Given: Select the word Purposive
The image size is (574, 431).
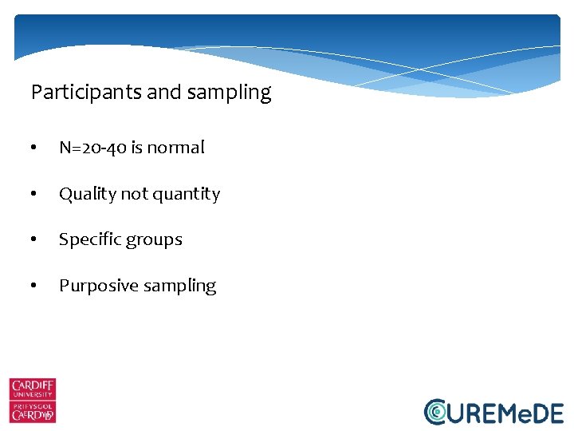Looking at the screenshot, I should [x=96, y=286].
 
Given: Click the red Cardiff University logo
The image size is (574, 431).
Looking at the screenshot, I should [x=33, y=400].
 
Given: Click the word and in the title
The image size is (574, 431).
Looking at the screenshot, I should [x=164, y=93].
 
